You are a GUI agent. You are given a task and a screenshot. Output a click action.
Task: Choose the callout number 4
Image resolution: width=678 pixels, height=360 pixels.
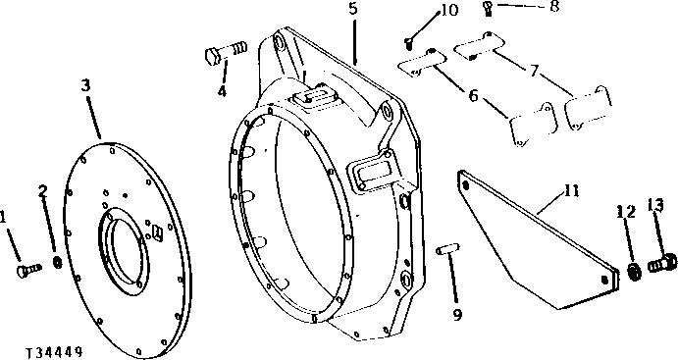click(x=222, y=91)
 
